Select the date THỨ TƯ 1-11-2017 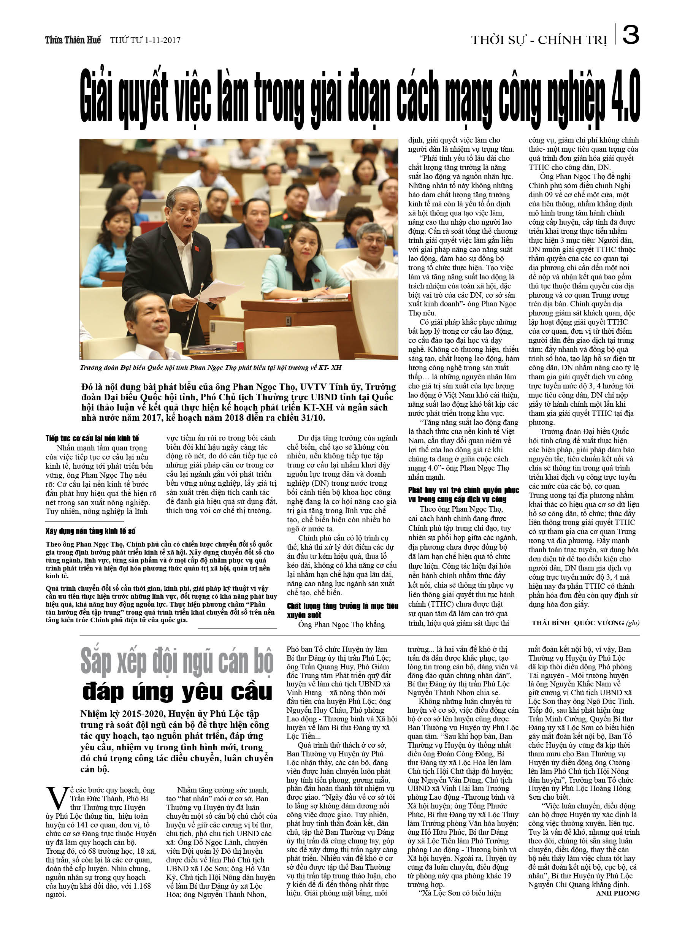coord(145,40)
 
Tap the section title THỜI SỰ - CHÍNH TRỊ coord(539,40)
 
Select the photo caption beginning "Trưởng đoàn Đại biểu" coord(211,368)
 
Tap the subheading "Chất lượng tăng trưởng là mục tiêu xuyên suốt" coord(342,610)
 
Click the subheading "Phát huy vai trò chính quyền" coord(463,495)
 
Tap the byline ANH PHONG coord(617,893)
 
